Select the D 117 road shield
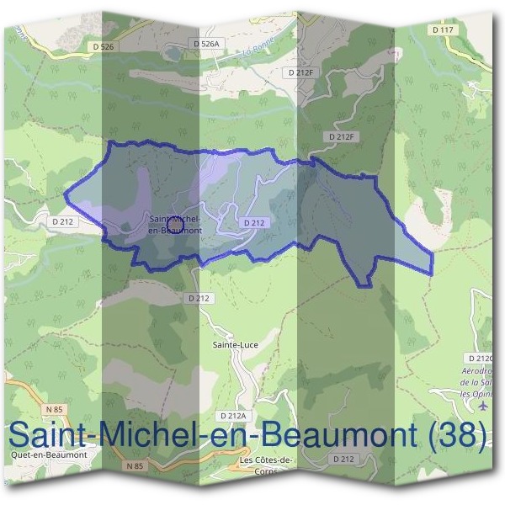443,29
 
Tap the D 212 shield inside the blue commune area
253,222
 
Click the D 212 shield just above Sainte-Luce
199,298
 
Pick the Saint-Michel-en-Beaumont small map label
173,223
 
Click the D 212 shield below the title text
342,459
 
